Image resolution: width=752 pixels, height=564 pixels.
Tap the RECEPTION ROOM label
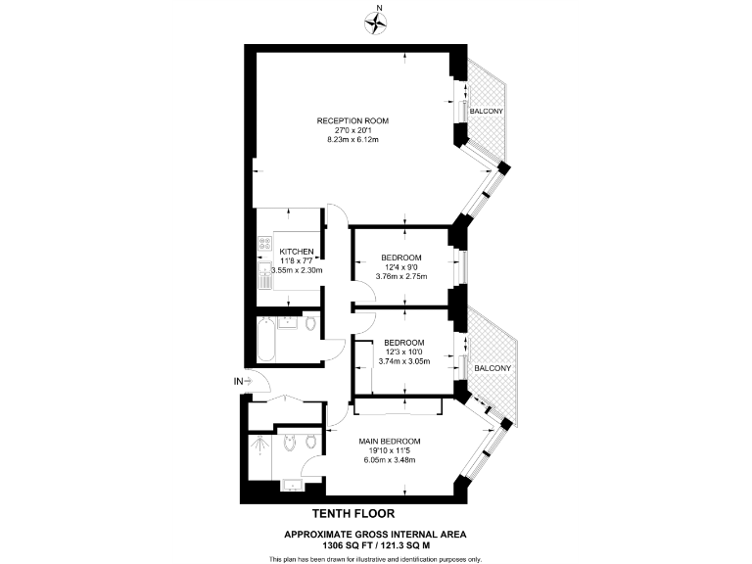352,120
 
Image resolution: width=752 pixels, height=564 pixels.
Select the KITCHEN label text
297,252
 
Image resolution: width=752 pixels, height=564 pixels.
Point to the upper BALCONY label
487,112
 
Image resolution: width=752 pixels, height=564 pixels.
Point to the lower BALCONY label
493,368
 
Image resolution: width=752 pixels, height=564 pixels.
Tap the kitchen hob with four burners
264,243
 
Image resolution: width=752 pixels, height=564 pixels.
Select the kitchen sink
264,274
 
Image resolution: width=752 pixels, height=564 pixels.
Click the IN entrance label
238,380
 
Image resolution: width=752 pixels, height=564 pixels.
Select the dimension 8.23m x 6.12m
352,140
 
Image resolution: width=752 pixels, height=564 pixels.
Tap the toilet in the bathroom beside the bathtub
309,324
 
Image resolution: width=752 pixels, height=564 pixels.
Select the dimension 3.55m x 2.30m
297,270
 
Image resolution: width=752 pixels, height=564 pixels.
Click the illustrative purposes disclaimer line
375,558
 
